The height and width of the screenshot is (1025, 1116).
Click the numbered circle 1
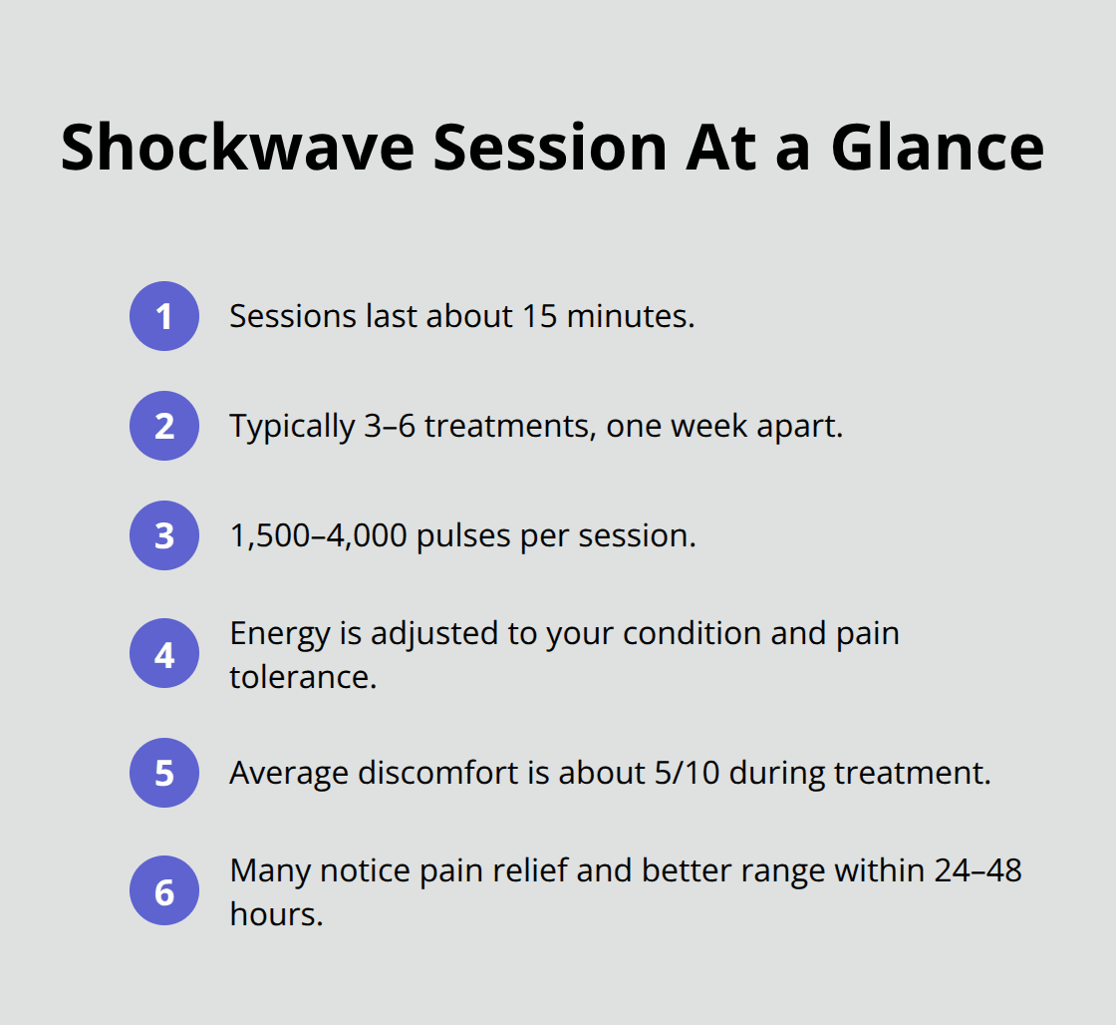164,316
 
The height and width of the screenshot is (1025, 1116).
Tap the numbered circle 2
164,426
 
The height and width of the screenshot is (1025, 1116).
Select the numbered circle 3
164,535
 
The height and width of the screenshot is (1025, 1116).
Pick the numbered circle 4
164,655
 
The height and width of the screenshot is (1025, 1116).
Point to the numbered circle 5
164,773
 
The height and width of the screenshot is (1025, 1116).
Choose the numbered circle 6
164,891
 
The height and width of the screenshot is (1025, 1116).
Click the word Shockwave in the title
237,148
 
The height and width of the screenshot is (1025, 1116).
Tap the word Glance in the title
938,148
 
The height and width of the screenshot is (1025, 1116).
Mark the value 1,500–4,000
318,535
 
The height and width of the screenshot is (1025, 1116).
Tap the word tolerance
303,677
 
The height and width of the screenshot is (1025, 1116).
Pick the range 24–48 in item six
977,870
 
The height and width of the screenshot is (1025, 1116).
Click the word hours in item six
276,914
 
